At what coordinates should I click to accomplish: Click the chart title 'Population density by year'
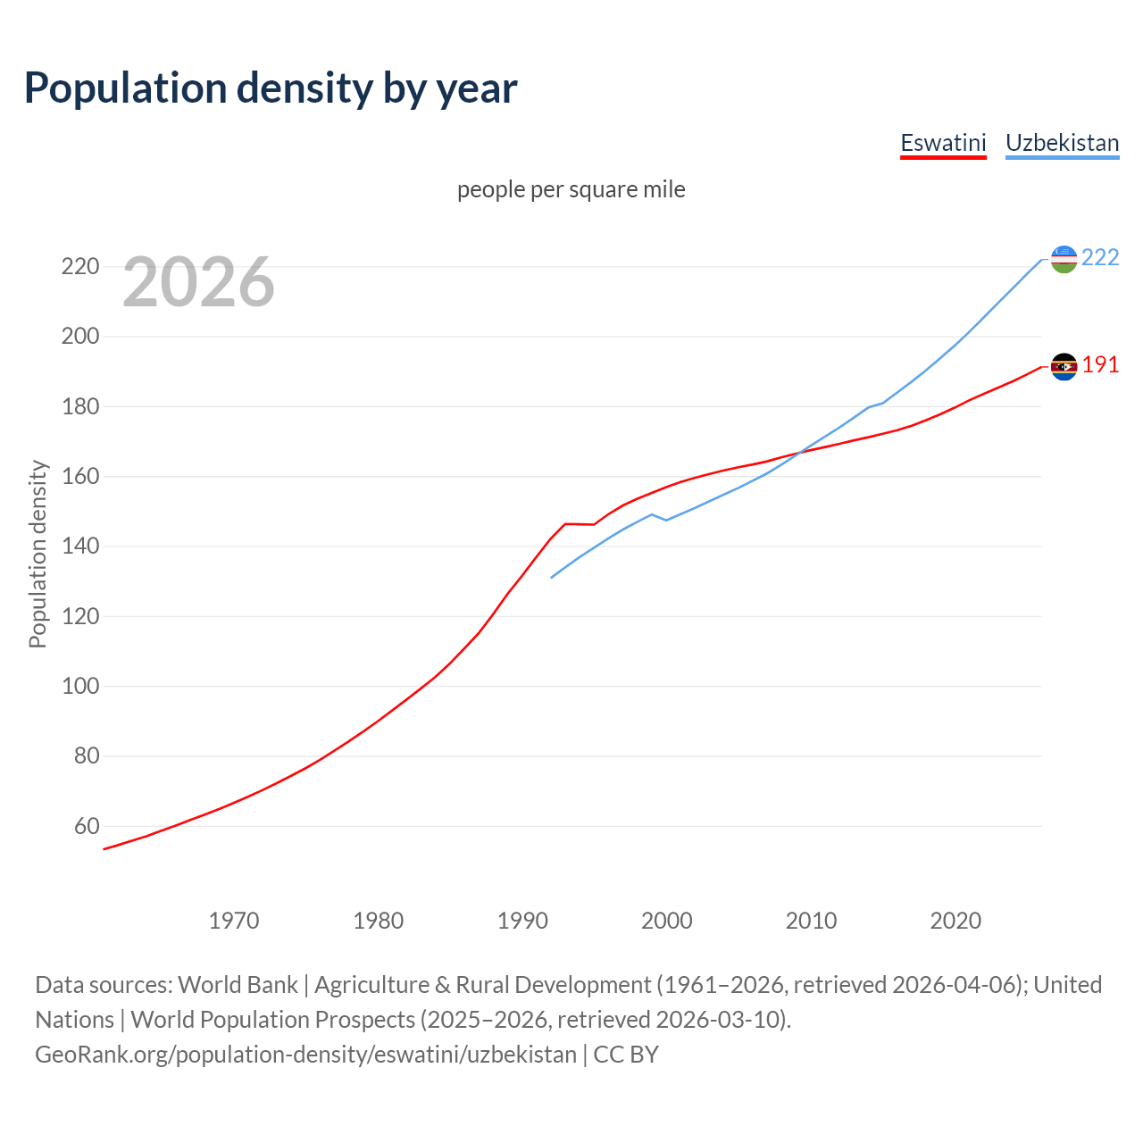[x=271, y=88]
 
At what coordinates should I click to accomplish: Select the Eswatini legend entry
[x=943, y=143]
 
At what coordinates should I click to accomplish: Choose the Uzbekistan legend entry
[x=1062, y=143]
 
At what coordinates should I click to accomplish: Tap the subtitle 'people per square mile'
[x=571, y=189]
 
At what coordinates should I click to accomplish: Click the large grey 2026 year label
[x=198, y=282]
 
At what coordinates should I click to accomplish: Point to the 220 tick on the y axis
[x=79, y=266]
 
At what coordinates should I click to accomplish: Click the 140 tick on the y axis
[x=79, y=546]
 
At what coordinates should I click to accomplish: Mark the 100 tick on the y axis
[x=79, y=686]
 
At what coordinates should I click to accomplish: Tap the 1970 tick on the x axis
[x=234, y=920]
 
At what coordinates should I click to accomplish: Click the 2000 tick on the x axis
[x=667, y=920]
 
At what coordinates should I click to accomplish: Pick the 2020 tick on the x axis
[x=955, y=920]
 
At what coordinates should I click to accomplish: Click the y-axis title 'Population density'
[x=38, y=554]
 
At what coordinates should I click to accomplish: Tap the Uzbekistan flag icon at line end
[x=1064, y=259]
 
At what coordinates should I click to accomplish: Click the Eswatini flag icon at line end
[x=1064, y=366]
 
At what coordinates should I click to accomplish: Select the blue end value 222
[x=1100, y=257]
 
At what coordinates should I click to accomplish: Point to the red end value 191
[x=1100, y=364]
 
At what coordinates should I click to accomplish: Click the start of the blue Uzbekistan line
[x=552, y=577]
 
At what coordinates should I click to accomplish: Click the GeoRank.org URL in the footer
[x=305, y=1054]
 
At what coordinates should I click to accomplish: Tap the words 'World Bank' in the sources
[x=238, y=984]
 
